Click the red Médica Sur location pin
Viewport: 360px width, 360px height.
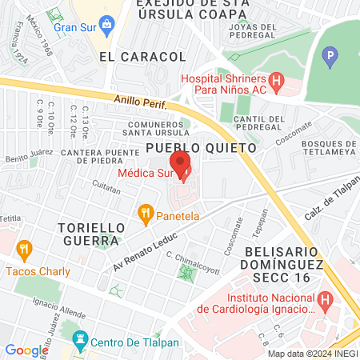[x=183, y=165]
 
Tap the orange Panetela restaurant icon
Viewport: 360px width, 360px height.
[x=145, y=213]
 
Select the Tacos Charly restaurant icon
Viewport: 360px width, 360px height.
[x=23, y=250]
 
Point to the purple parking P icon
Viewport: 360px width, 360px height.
[x=328, y=57]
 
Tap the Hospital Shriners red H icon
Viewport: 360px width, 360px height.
[x=276, y=81]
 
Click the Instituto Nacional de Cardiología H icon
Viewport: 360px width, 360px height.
[x=325, y=300]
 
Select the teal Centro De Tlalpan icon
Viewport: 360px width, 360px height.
[x=79, y=339]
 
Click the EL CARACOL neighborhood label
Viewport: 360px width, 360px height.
[x=142, y=58]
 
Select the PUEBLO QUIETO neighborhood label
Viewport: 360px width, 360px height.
[x=201, y=148]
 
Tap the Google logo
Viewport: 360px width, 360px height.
[x=26, y=350]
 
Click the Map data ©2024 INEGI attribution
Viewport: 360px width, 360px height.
[x=312, y=354]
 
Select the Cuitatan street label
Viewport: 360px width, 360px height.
[x=106, y=190]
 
